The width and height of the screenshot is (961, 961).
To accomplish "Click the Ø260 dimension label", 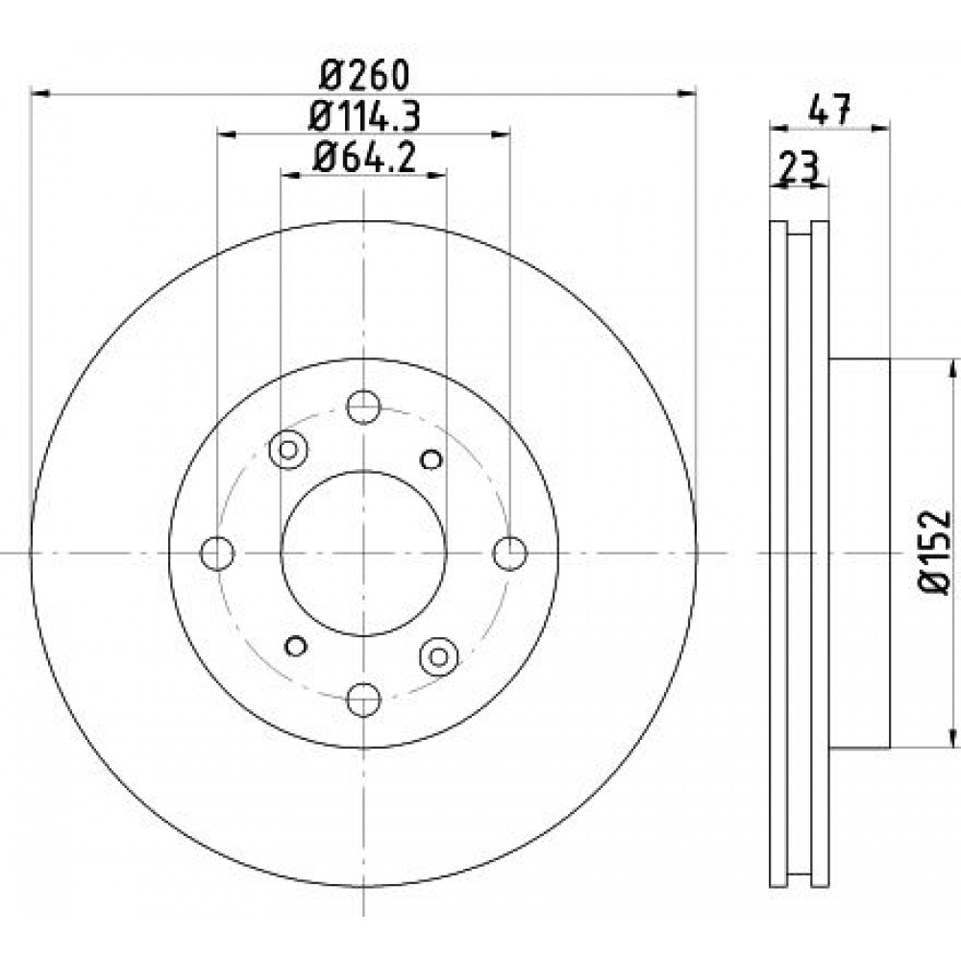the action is (364, 75).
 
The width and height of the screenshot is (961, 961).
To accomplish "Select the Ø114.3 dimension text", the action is (364, 116).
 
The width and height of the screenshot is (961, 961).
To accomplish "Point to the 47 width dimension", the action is (829, 111).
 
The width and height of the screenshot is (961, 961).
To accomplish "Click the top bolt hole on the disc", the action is (363, 407).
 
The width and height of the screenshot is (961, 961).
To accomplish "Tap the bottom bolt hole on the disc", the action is (363, 700).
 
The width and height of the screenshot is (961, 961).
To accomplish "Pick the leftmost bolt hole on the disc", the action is (217, 553).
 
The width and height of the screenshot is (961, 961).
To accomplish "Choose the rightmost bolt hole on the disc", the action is (510, 553).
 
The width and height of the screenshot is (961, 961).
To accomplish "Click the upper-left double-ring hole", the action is (288, 450).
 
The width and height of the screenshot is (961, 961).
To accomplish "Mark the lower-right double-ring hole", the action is (439, 657).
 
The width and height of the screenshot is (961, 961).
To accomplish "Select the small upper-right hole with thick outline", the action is (431, 459).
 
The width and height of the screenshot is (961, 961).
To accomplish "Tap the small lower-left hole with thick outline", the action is (296, 646).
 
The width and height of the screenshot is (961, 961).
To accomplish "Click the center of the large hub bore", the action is (363, 553).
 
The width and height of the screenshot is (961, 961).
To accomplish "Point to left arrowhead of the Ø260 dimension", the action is (39, 93).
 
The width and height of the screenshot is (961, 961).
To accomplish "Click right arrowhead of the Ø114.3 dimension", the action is (502, 135).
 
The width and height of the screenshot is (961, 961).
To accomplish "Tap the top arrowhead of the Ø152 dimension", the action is (951, 369).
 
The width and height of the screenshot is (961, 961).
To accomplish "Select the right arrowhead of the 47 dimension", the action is (880, 128).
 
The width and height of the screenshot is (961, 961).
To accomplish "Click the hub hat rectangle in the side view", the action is (858, 554).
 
